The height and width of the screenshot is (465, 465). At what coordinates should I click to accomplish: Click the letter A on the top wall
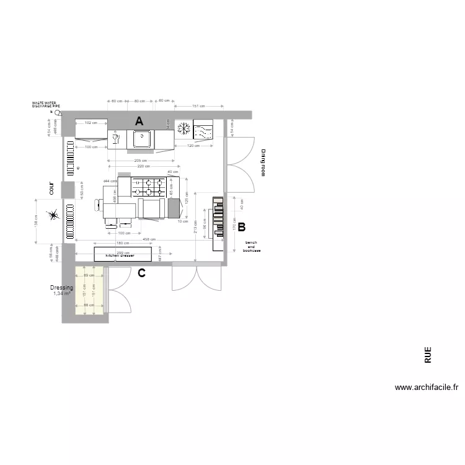point(140,120)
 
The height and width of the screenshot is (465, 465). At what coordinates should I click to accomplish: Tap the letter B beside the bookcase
point(242,227)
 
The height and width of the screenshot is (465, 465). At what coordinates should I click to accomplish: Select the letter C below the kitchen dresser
point(141,273)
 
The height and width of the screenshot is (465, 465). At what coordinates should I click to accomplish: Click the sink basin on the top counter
point(141,139)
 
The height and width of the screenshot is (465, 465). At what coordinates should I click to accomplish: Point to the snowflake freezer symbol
point(184,129)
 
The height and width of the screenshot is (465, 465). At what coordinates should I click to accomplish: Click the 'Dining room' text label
point(262,162)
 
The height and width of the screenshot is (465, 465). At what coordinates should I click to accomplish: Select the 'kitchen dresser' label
point(120,255)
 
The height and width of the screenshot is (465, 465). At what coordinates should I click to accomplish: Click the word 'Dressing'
point(61,288)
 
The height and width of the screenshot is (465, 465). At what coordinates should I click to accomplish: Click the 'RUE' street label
point(428,355)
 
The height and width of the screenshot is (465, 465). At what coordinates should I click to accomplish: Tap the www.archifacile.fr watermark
point(427,387)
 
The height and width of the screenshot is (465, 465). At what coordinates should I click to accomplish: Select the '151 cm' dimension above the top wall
point(198,106)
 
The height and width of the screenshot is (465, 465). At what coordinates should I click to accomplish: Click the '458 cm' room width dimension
point(149,239)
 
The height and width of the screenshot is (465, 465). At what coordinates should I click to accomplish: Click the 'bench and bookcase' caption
point(252,246)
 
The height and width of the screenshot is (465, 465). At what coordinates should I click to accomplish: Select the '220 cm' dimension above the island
point(144,166)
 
